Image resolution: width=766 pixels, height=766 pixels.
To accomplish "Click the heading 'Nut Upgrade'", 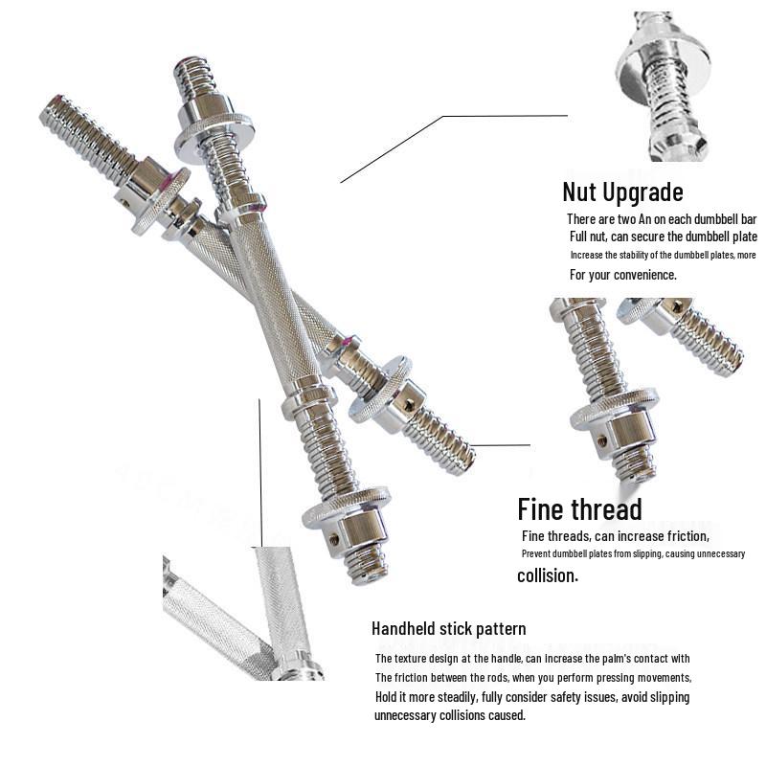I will click(622, 191).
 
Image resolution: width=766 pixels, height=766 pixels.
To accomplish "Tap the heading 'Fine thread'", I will click(579, 508).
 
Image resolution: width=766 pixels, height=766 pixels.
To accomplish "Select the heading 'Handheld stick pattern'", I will click(448, 629).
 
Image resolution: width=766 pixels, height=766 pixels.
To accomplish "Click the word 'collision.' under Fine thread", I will click(548, 575).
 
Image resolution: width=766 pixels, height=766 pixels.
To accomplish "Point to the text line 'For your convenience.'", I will click(622, 275).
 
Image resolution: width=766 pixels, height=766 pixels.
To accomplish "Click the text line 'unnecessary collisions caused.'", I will click(449, 715).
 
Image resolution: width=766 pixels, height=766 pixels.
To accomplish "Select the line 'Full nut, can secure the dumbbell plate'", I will click(663, 237).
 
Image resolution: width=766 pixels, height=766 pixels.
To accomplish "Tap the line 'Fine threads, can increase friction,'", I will click(615, 535).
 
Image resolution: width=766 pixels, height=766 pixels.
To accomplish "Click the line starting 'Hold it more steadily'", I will click(531, 696).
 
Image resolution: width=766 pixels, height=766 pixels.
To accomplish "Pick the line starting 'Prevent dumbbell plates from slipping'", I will click(633, 554).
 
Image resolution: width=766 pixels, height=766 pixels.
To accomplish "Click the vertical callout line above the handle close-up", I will click(259, 469).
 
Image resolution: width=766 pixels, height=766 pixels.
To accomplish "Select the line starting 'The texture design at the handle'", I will click(531, 658).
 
